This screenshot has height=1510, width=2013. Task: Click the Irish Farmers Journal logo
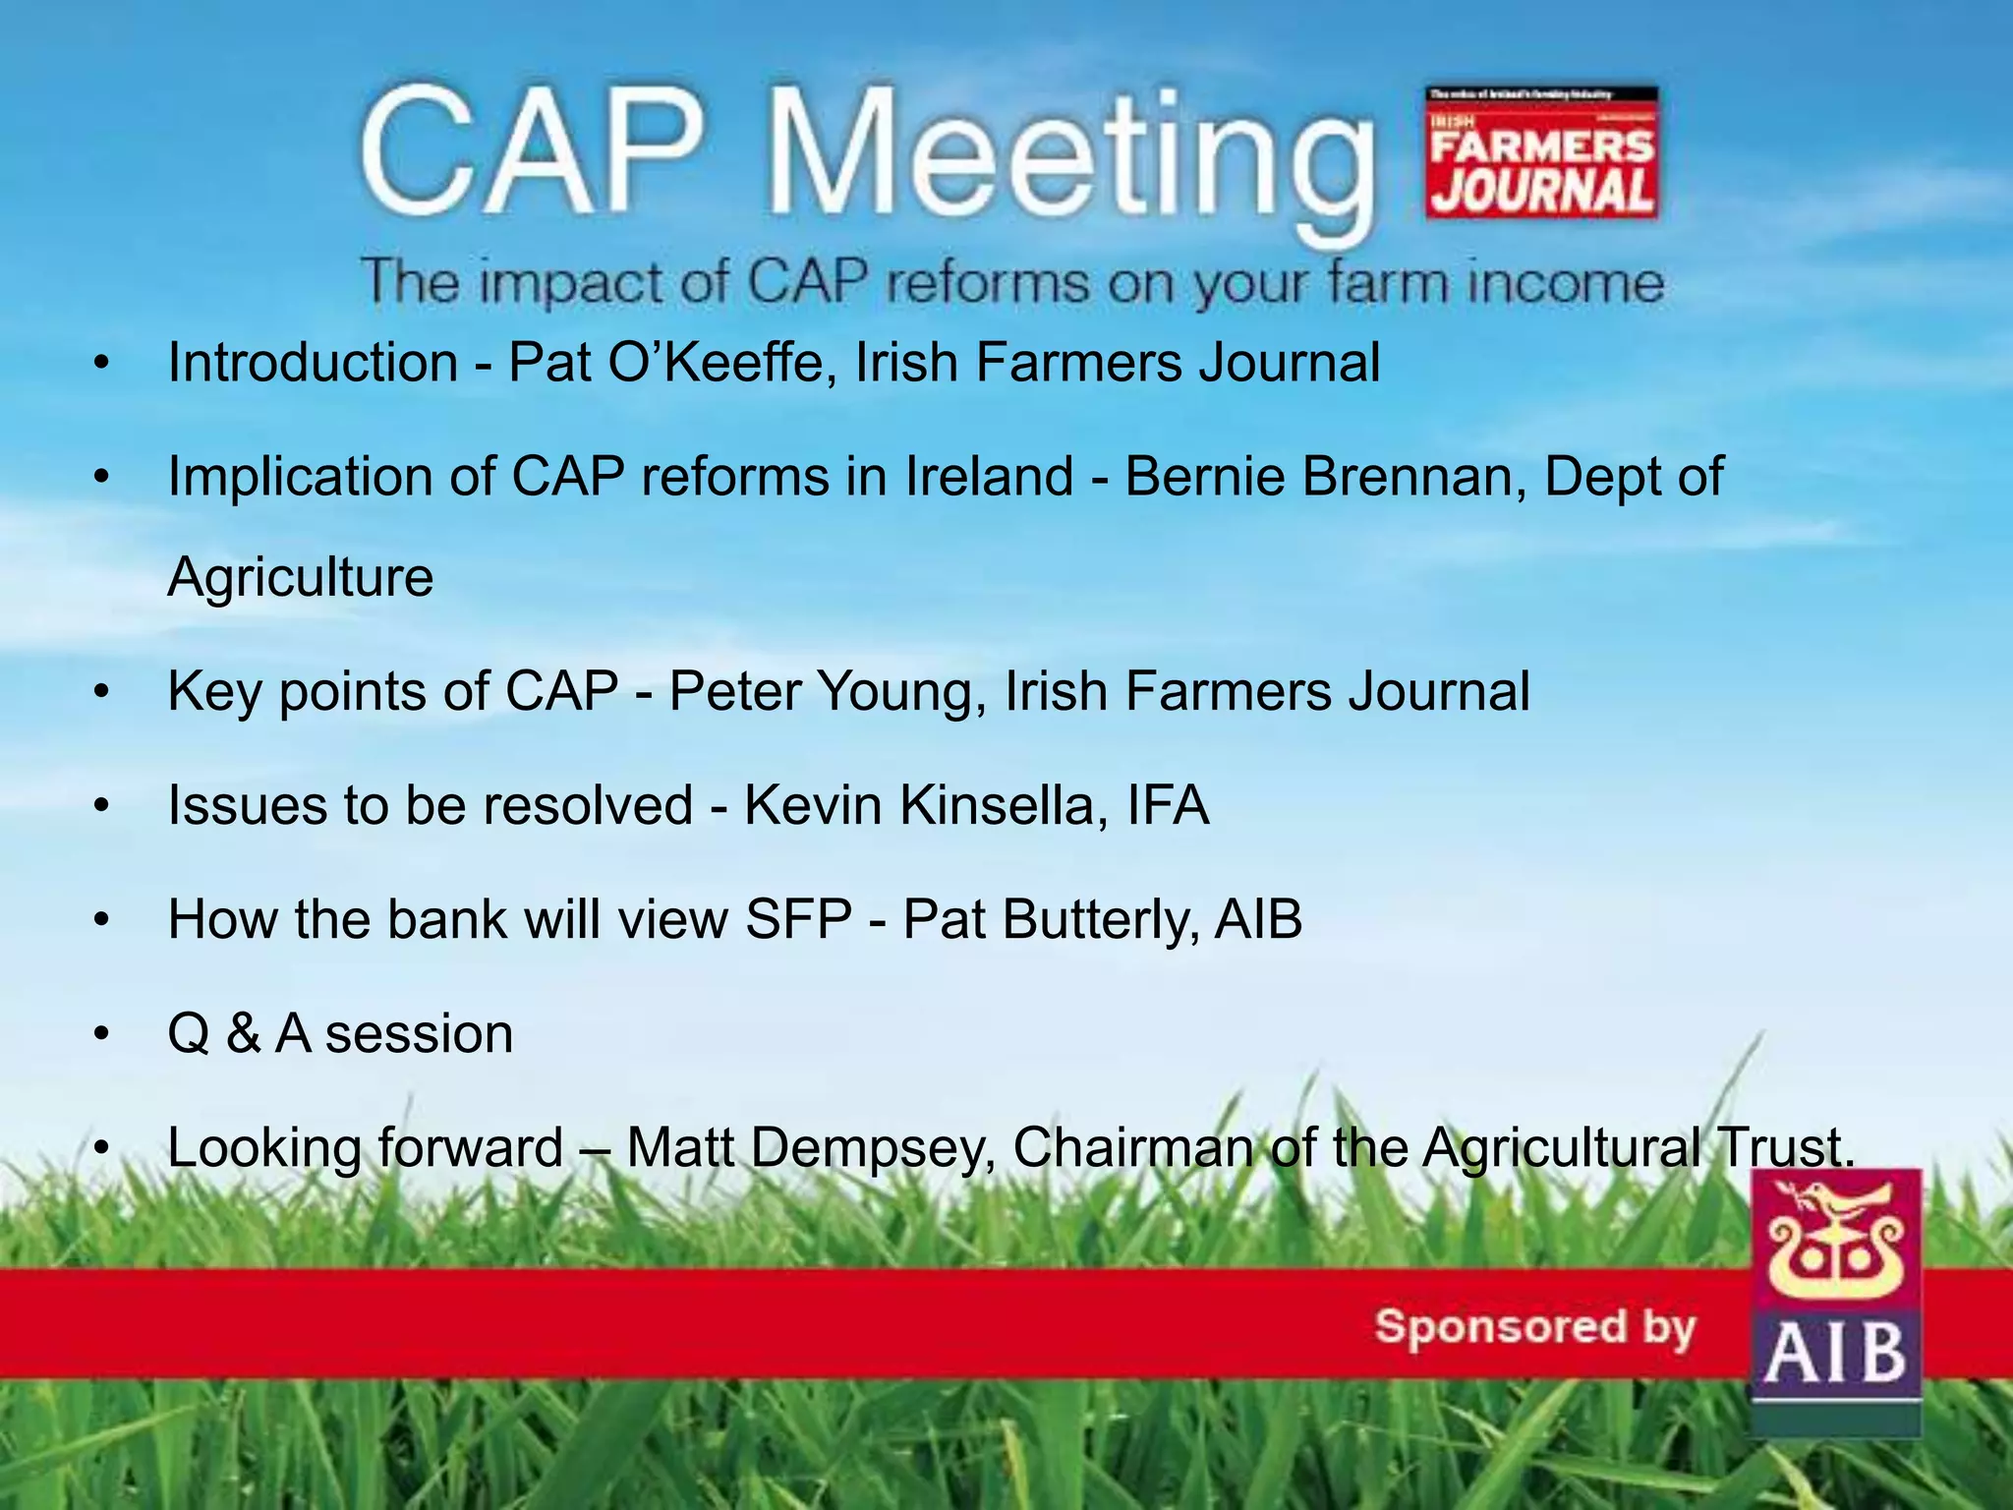click(x=1541, y=152)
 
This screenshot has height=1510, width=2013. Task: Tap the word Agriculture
click(x=301, y=577)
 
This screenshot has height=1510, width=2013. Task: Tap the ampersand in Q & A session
click(x=243, y=1035)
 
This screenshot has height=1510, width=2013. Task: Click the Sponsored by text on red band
click(x=1535, y=1327)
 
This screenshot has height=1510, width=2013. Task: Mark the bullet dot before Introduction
click(x=100, y=365)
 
